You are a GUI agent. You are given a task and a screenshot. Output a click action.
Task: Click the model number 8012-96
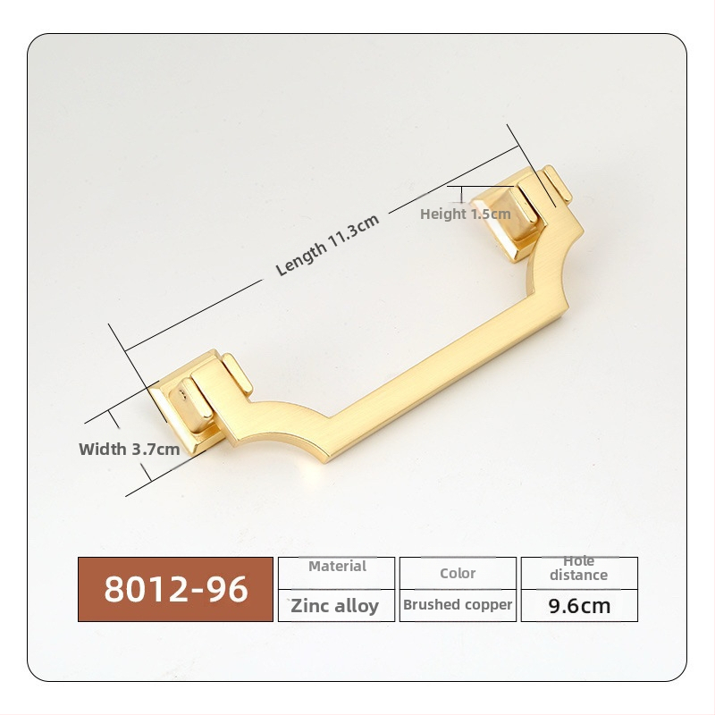coord(175,589)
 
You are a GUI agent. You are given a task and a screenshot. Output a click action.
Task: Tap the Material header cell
coord(337,573)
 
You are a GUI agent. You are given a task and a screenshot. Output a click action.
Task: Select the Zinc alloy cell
coord(337,606)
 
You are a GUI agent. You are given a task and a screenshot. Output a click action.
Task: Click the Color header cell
coord(458,573)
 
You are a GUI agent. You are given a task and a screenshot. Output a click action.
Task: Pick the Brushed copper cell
coord(458,606)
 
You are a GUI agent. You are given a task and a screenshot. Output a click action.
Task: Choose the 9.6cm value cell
coord(579,606)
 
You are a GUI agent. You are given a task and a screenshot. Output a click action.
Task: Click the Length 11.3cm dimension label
coord(327,244)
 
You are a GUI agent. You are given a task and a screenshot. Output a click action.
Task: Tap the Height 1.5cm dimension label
coord(465,214)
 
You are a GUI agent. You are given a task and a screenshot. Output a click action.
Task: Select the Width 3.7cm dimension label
coord(130,450)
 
